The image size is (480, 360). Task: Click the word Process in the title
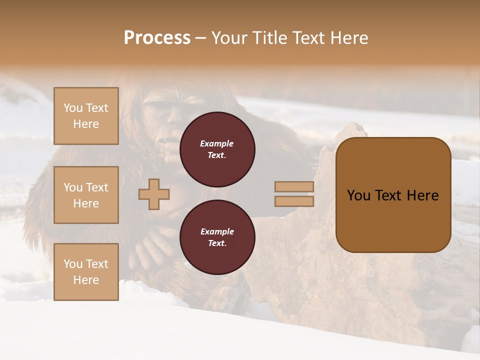point(157,38)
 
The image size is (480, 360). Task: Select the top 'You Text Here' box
point(86,116)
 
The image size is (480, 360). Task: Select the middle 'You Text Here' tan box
point(86,195)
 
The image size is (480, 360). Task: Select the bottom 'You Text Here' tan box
point(86,271)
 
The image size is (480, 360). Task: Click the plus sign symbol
point(154,194)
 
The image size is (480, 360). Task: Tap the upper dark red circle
point(217,149)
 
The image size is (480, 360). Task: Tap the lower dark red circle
point(217,237)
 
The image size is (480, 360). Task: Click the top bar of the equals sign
point(294,187)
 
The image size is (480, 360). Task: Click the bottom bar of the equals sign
point(294,201)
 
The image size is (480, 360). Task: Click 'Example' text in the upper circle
point(217,143)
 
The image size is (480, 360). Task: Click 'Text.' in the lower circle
point(217,243)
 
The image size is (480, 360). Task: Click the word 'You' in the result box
point(359,195)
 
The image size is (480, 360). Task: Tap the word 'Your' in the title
point(229,38)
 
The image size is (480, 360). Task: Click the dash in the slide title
point(201,38)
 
